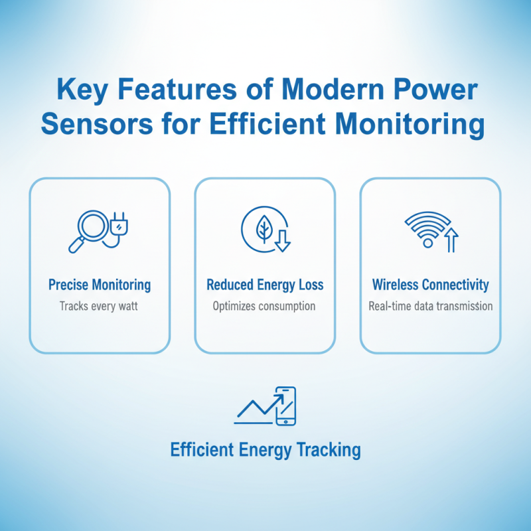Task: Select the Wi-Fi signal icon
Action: tap(426, 229)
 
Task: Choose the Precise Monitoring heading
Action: tap(100, 285)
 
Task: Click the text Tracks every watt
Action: tap(100, 306)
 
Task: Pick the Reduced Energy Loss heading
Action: tap(265, 285)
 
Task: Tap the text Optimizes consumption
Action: tap(264, 306)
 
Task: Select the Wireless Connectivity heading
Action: tap(430, 285)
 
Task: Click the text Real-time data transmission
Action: tap(430, 306)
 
